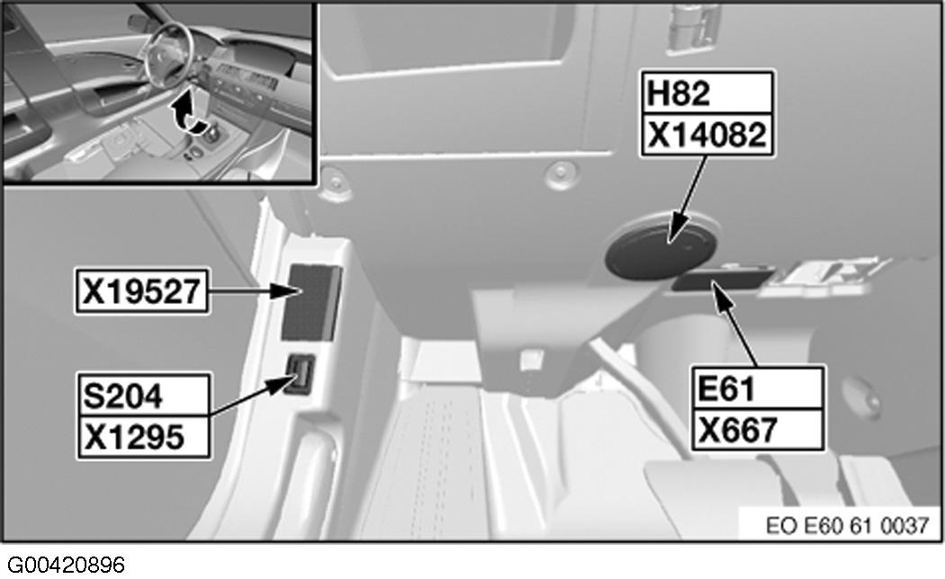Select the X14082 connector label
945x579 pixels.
click(706, 135)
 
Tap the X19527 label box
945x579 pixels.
click(142, 290)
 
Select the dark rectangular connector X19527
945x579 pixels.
click(310, 301)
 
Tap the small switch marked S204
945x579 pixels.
click(301, 375)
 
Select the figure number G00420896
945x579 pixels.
click(63, 565)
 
